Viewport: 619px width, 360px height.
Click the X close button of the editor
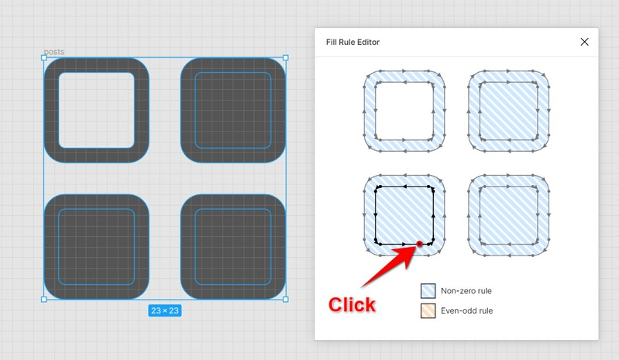(x=584, y=42)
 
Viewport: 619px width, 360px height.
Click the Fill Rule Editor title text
(x=352, y=42)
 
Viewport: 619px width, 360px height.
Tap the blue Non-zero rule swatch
(x=428, y=291)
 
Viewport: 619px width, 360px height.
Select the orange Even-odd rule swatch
(x=428, y=310)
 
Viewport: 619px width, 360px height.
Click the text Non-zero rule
(x=466, y=291)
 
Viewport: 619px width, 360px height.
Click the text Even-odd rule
(x=466, y=310)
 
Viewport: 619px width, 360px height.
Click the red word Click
(x=352, y=305)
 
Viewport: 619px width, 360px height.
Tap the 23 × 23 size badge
(x=165, y=310)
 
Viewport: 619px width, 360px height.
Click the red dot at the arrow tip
(x=419, y=244)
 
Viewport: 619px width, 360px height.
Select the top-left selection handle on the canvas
(x=44, y=57)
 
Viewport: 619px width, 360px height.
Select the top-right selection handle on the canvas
(x=286, y=57)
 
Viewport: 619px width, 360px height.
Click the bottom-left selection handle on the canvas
(x=44, y=300)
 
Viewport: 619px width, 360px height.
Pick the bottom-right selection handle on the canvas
(x=286, y=300)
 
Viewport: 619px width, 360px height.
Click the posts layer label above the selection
(x=54, y=52)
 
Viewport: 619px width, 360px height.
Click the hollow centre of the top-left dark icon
(x=97, y=111)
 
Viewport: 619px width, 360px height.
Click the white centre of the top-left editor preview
(x=404, y=111)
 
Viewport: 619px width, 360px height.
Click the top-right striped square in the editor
(x=508, y=111)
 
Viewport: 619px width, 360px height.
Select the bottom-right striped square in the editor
(x=508, y=215)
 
